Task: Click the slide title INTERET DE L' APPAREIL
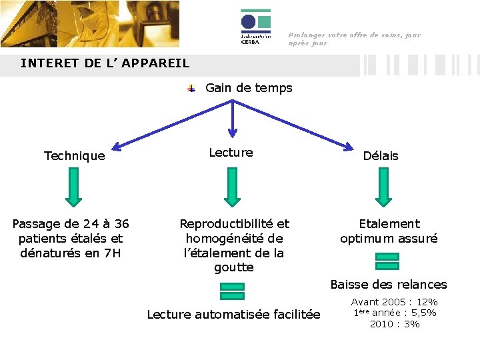(105, 63)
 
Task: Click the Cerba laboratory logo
(255, 27)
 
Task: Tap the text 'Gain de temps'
(249, 87)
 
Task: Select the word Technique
(74, 156)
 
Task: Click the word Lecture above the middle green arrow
(231, 153)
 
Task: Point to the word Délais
(381, 156)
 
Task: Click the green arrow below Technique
(74, 186)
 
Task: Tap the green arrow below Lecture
(231, 186)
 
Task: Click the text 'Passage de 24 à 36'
(71, 224)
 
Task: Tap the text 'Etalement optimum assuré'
(389, 231)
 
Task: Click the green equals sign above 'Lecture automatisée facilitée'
(232, 291)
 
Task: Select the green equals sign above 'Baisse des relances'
(387, 261)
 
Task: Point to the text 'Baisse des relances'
(389, 285)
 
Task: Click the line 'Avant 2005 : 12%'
(394, 302)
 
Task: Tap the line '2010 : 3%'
(395, 324)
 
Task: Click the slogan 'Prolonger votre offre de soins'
(354, 35)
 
